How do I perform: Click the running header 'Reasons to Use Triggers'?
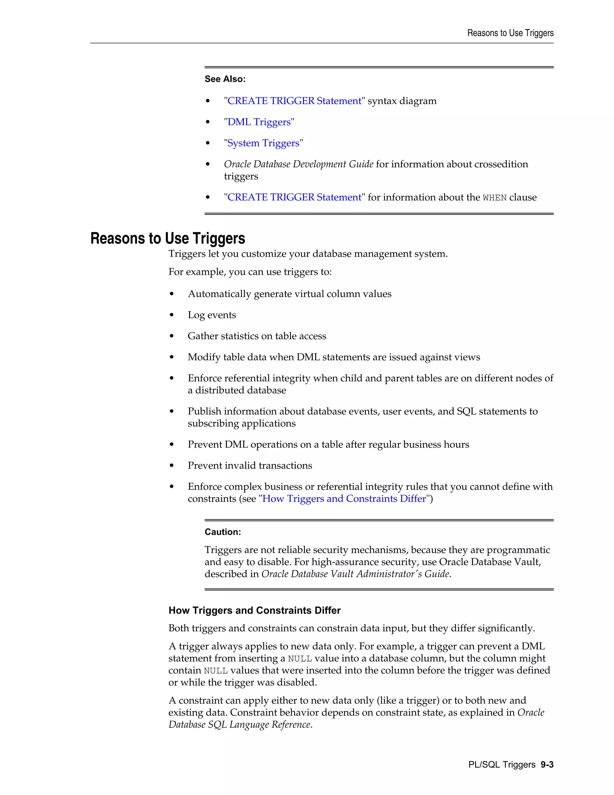point(510,33)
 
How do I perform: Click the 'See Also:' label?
point(225,79)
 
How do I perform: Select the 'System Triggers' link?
point(263,143)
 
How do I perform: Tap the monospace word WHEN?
point(494,198)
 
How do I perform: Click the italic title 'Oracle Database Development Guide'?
point(298,164)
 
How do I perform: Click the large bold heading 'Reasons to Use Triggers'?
point(167,238)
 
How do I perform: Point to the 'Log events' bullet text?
point(212,315)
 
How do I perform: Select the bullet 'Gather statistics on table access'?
point(257,336)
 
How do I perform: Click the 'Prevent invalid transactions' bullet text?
point(249,466)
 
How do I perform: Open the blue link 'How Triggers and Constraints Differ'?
point(344,499)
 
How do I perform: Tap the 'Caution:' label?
point(223,532)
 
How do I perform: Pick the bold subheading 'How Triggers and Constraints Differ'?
point(254,610)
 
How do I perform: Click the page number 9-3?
point(547,765)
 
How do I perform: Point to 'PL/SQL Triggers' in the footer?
point(502,765)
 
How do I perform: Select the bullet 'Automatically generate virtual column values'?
point(290,294)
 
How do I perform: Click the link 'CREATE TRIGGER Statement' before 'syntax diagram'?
point(294,101)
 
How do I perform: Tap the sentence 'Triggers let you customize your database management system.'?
point(308,254)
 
